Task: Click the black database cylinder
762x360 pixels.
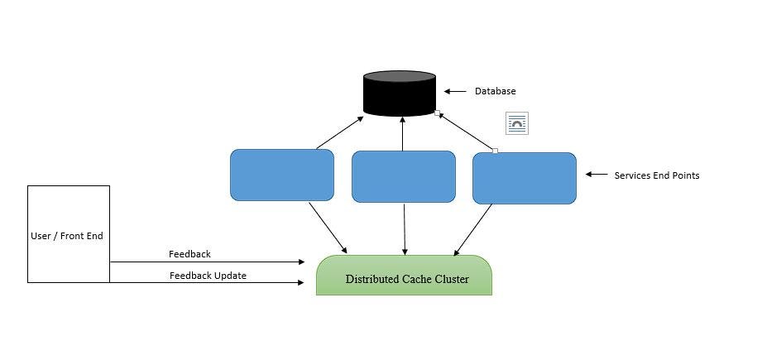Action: [x=400, y=93]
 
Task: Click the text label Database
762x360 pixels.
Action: [x=495, y=91]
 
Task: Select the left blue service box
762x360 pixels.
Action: [x=281, y=175]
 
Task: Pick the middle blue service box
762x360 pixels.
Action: [x=403, y=176]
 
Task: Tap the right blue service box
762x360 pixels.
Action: [x=524, y=178]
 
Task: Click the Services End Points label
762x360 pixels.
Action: [x=656, y=175]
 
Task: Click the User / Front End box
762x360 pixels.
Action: [x=69, y=234]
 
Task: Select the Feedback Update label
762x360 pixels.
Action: [x=208, y=276]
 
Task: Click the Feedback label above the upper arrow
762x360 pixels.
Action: [x=189, y=254]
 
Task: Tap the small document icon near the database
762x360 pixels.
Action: [x=517, y=124]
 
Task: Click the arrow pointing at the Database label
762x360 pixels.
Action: [x=454, y=92]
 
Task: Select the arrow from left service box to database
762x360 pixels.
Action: [x=339, y=133]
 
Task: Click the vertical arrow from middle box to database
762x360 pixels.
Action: [x=402, y=133]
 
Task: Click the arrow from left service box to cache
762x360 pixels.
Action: [x=328, y=226]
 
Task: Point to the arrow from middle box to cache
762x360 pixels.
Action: [x=404, y=228]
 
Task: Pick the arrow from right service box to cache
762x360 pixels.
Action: [x=473, y=229]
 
